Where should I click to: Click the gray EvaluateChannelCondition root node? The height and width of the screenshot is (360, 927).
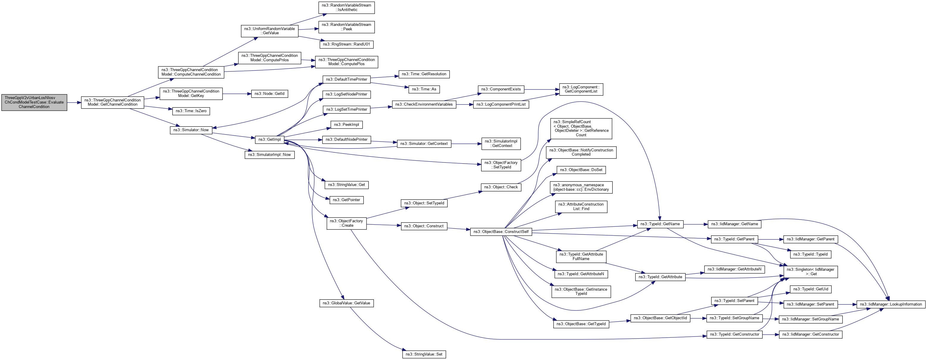coord(34,102)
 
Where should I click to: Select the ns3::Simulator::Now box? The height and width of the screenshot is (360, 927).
coord(191,130)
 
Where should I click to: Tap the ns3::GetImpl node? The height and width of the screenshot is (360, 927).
coord(270,140)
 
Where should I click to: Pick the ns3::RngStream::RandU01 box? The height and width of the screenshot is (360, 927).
coord(346,44)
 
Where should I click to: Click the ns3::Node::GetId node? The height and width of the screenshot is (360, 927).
coord(269,94)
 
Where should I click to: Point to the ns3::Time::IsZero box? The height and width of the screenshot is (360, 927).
coord(191,111)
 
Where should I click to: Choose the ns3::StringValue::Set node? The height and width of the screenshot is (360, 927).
coord(424,354)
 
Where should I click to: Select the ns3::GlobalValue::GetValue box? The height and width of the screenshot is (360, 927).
coord(346,303)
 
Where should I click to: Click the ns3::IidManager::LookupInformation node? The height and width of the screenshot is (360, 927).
coord(891,304)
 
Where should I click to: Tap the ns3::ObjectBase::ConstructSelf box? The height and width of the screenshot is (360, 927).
coord(501,232)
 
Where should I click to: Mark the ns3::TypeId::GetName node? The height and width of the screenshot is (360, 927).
coord(660,224)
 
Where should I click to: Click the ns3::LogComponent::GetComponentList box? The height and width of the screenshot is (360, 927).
coord(581,89)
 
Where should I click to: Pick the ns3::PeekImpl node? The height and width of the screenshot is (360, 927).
coord(346,125)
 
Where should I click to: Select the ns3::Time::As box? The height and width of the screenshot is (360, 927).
coord(424,89)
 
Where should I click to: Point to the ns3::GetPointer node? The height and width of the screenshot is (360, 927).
coord(346,200)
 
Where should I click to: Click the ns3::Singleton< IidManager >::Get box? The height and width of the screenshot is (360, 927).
coord(810,272)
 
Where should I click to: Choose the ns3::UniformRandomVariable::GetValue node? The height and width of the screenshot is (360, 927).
coord(269,31)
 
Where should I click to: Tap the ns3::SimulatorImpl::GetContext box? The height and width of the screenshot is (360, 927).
coord(501,144)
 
